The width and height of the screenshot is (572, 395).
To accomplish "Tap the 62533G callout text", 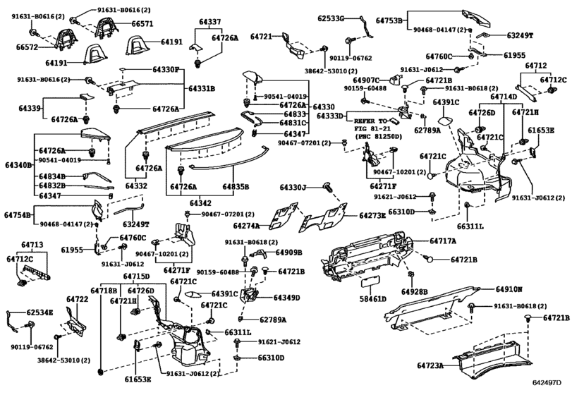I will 331,18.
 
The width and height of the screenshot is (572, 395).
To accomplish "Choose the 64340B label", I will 18,165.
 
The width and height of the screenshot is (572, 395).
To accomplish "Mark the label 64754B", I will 18,214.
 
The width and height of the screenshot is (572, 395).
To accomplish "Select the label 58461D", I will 373,299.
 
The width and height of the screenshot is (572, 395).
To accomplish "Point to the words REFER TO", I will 371,121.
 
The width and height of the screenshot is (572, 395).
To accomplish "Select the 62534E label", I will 40,311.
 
